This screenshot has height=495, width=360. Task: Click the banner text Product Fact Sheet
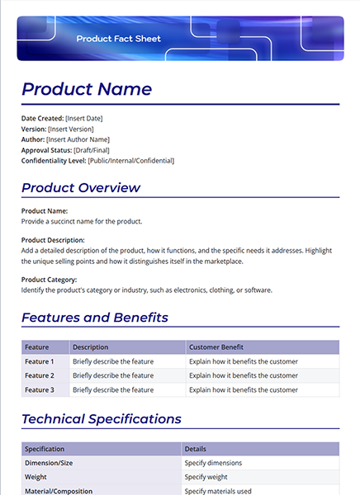pyautogui.click(x=118, y=39)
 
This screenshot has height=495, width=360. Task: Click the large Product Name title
pyautogui.click(x=87, y=89)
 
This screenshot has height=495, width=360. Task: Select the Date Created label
pyautogui.click(x=42, y=118)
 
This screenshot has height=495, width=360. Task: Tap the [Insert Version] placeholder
pyautogui.click(x=71, y=129)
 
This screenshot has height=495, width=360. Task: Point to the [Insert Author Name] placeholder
pyautogui.click(x=85, y=139)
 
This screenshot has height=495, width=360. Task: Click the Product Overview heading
pyautogui.click(x=81, y=187)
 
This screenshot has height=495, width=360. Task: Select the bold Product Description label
pyautogui.click(x=54, y=240)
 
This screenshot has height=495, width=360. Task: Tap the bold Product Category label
pyautogui.click(x=50, y=280)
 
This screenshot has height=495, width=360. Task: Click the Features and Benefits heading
pyautogui.click(x=95, y=318)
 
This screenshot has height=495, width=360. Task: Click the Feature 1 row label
pyautogui.click(x=40, y=361)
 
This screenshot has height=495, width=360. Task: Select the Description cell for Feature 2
pyautogui.click(x=113, y=375)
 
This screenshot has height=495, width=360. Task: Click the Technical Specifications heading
pyautogui.click(x=102, y=419)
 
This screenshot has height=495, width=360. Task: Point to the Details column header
pyautogui.click(x=196, y=449)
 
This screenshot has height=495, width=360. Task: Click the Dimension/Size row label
pyautogui.click(x=49, y=463)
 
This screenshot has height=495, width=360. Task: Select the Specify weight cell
pyautogui.click(x=206, y=477)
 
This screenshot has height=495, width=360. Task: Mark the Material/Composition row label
pyautogui.click(x=59, y=490)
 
